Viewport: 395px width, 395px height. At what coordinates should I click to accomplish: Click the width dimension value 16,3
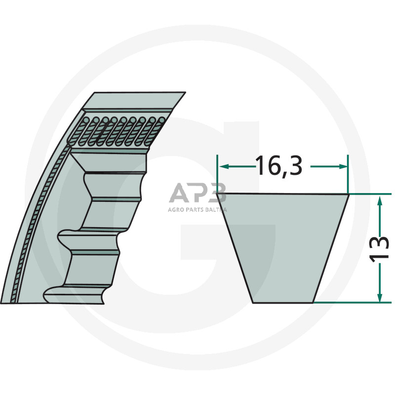pyautogui.click(x=279, y=166)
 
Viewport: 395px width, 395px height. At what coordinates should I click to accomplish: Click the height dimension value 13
pyautogui.click(x=379, y=248)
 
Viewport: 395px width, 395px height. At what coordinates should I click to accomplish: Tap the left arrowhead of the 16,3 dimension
pyautogui.click(x=222, y=167)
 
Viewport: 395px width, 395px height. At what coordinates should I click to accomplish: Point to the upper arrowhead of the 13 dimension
pyautogui.click(x=379, y=199)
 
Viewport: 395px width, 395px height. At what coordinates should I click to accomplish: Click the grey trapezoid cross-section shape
pyautogui.click(x=283, y=247)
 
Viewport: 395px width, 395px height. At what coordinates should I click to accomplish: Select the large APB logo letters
pyautogui.click(x=197, y=194)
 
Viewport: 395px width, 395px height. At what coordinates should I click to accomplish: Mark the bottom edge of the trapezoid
pyautogui.click(x=283, y=302)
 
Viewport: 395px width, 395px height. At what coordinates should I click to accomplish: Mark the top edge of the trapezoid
pyautogui.click(x=283, y=194)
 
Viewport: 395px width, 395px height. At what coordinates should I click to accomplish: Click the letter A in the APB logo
pyautogui.click(x=178, y=194)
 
